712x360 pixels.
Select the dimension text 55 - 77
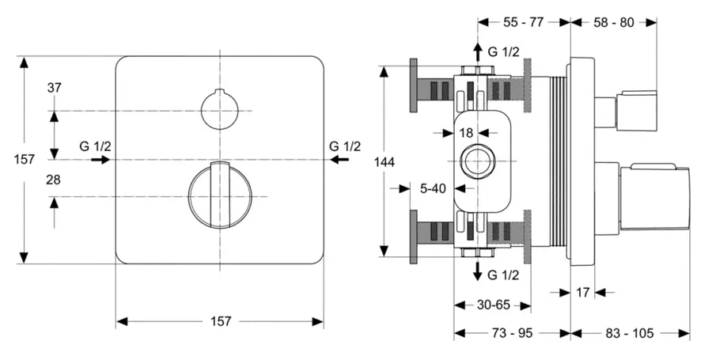(525, 23)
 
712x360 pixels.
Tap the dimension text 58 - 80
(614, 23)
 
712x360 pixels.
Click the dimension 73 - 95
(511, 333)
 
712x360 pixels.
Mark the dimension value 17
(583, 292)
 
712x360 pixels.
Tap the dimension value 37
(54, 88)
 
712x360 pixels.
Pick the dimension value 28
(54, 180)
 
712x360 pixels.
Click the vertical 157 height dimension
(25, 159)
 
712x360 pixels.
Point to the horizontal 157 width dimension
(220, 321)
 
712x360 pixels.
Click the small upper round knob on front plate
(218, 109)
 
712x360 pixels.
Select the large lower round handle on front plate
(219, 195)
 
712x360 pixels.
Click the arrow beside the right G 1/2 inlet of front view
(339, 160)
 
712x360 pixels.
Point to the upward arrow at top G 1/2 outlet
(478, 51)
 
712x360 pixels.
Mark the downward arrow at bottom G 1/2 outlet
(478, 273)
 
